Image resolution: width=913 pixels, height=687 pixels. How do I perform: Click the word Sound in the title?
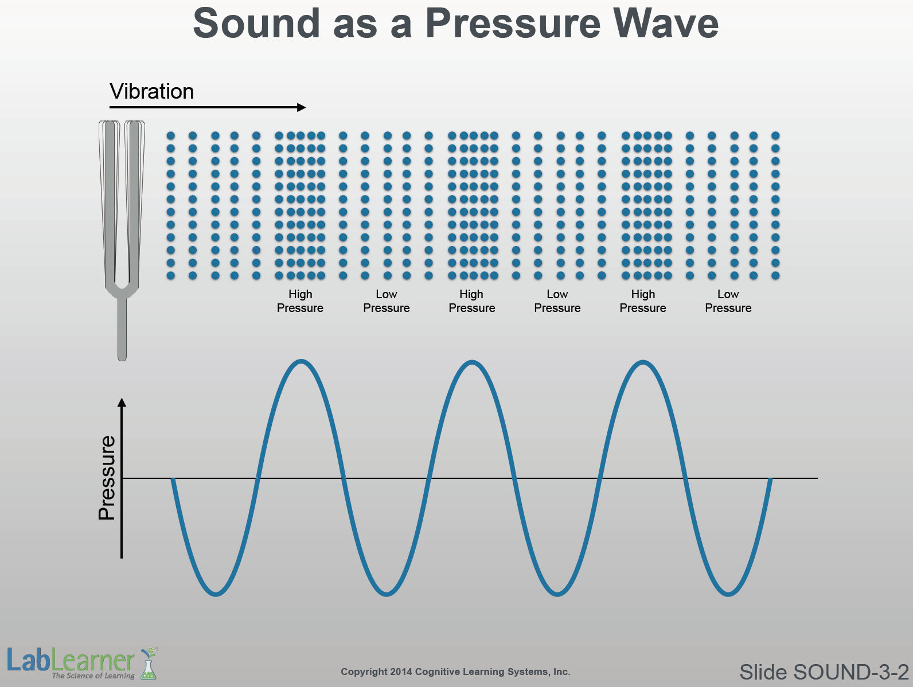[x=256, y=24]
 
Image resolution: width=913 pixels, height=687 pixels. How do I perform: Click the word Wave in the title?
[x=665, y=24]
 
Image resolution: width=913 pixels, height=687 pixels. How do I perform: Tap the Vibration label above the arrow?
[x=152, y=91]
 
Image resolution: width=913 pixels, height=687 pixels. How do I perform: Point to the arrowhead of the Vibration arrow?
[x=302, y=107]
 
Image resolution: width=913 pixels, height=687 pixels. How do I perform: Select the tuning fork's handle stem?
[x=122, y=329]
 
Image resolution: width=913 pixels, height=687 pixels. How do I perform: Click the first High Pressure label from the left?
[x=300, y=301]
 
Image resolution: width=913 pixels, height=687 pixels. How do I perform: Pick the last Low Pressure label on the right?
[x=728, y=301]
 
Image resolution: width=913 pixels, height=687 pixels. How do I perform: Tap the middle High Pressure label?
[x=471, y=301]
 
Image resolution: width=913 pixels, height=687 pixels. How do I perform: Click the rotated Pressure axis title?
[x=107, y=478]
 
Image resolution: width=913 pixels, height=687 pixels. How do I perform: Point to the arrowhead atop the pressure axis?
[x=122, y=402]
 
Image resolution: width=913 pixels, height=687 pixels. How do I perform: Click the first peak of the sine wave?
[x=301, y=361]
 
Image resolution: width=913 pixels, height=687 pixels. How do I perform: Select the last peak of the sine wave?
[x=643, y=362]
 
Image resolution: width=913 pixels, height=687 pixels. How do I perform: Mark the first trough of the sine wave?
[x=216, y=594]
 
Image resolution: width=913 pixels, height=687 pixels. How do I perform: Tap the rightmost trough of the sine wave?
[x=728, y=594]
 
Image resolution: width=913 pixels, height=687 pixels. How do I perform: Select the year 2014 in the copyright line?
[x=401, y=672]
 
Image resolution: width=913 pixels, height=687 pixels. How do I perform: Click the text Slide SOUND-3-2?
[x=824, y=672]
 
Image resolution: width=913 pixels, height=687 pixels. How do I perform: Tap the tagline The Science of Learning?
[x=93, y=676]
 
